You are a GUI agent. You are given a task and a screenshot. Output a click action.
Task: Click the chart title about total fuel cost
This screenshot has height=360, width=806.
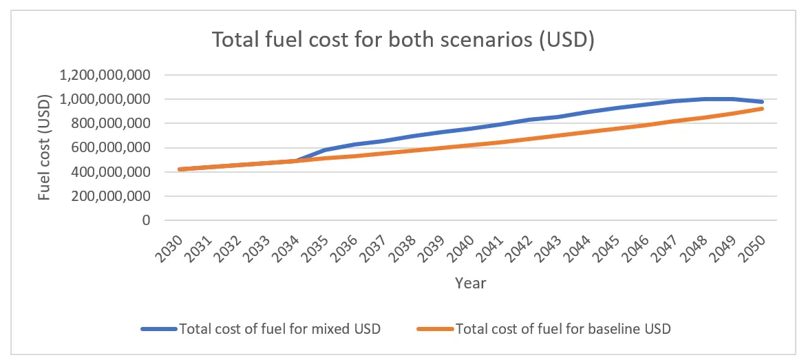pos(403,41)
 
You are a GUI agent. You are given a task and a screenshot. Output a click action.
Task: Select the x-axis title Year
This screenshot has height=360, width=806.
pos(470,283)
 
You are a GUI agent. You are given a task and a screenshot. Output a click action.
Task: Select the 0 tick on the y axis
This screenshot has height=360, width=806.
pos(145,220)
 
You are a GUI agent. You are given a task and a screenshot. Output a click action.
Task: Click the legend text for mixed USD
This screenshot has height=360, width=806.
pos(279,329)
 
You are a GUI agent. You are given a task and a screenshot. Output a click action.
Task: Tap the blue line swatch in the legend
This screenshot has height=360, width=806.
pos(159,329)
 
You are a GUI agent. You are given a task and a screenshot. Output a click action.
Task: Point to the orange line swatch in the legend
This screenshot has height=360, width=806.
pos(436,329)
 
